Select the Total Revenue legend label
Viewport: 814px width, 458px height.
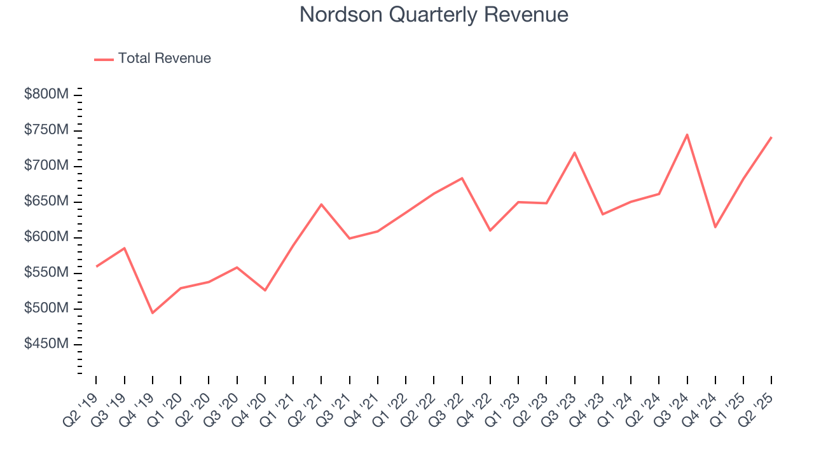(164, 59)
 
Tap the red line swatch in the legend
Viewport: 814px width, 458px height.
(104, 59)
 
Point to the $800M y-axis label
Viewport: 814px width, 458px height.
(46, 94)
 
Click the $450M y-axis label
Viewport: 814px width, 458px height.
(46, 344)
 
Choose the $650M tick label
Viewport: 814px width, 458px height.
(46, 201)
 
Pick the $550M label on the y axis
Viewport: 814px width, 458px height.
(46, 273)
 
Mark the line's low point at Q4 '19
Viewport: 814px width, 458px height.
(153, 313)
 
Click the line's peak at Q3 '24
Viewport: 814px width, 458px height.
(687, 134)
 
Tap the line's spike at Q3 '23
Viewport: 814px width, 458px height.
(574, 153)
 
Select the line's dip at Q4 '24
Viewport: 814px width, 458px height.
(715, 227)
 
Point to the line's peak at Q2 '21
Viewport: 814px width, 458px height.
(321, 204)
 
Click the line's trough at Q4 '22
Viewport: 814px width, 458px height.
(490, 230)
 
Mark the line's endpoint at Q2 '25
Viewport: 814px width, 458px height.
(771, 137)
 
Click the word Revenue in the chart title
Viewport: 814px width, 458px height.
(526, 14)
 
